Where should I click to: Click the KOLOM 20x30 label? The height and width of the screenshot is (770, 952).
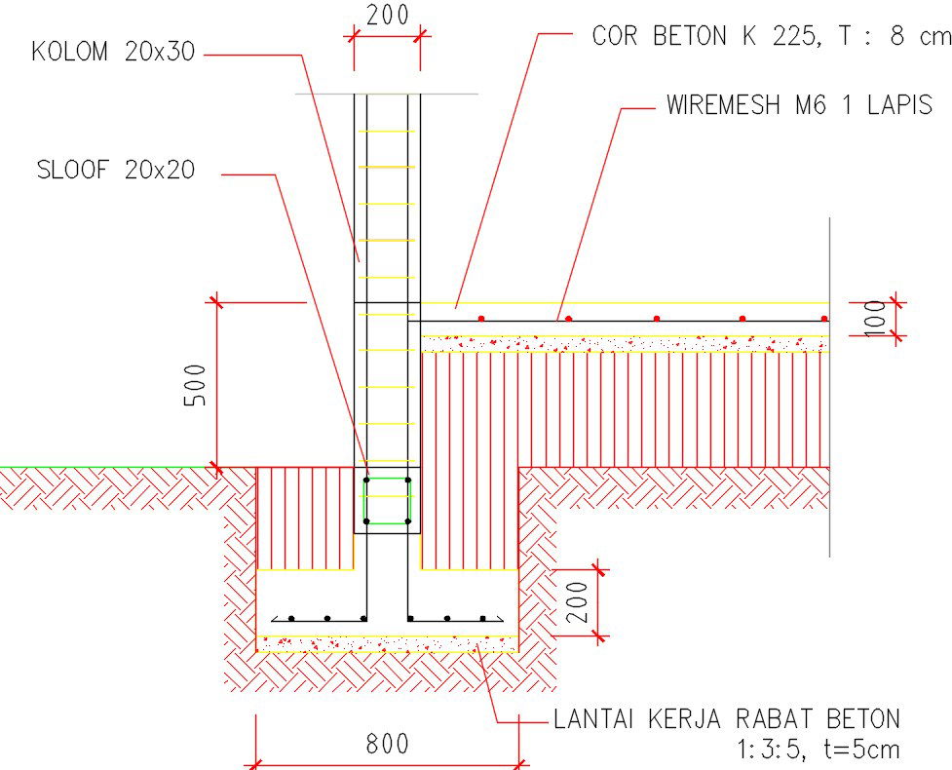113,53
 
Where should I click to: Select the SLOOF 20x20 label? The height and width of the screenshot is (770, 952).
115,171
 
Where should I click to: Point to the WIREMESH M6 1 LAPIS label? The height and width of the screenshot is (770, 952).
799,105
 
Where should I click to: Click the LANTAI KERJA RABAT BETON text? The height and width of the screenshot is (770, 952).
726,720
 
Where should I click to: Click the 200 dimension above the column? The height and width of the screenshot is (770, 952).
387,15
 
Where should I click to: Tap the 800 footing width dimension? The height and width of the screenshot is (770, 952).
387,745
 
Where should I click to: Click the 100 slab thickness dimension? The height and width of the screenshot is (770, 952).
877,318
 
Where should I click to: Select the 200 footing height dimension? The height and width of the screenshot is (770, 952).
577,602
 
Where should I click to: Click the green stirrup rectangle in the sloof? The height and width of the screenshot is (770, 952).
387,501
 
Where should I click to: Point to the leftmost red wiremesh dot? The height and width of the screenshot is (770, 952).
481,319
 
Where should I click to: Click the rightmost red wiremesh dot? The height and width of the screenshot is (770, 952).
824,319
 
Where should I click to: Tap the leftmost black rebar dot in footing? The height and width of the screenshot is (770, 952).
291,618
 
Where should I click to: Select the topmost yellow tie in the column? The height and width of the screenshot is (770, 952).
387,132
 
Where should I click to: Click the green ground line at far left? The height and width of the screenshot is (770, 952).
19,467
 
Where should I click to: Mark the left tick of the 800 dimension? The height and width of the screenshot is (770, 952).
256,763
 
